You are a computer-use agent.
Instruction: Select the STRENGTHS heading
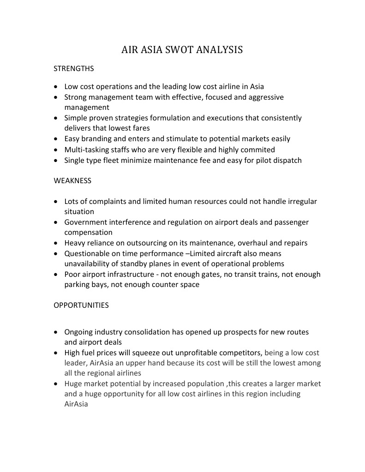[x=74, y=69]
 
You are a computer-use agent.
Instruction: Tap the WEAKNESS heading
[x=72, y=181]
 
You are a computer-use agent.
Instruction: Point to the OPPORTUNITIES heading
[x=81, y=305]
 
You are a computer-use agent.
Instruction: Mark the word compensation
[x=88, y=233]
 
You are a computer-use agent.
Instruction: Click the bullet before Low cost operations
[x=56, y=87]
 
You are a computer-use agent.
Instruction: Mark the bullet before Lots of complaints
[x=56, y=202]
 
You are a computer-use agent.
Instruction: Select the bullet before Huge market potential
[x=56, y=384]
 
